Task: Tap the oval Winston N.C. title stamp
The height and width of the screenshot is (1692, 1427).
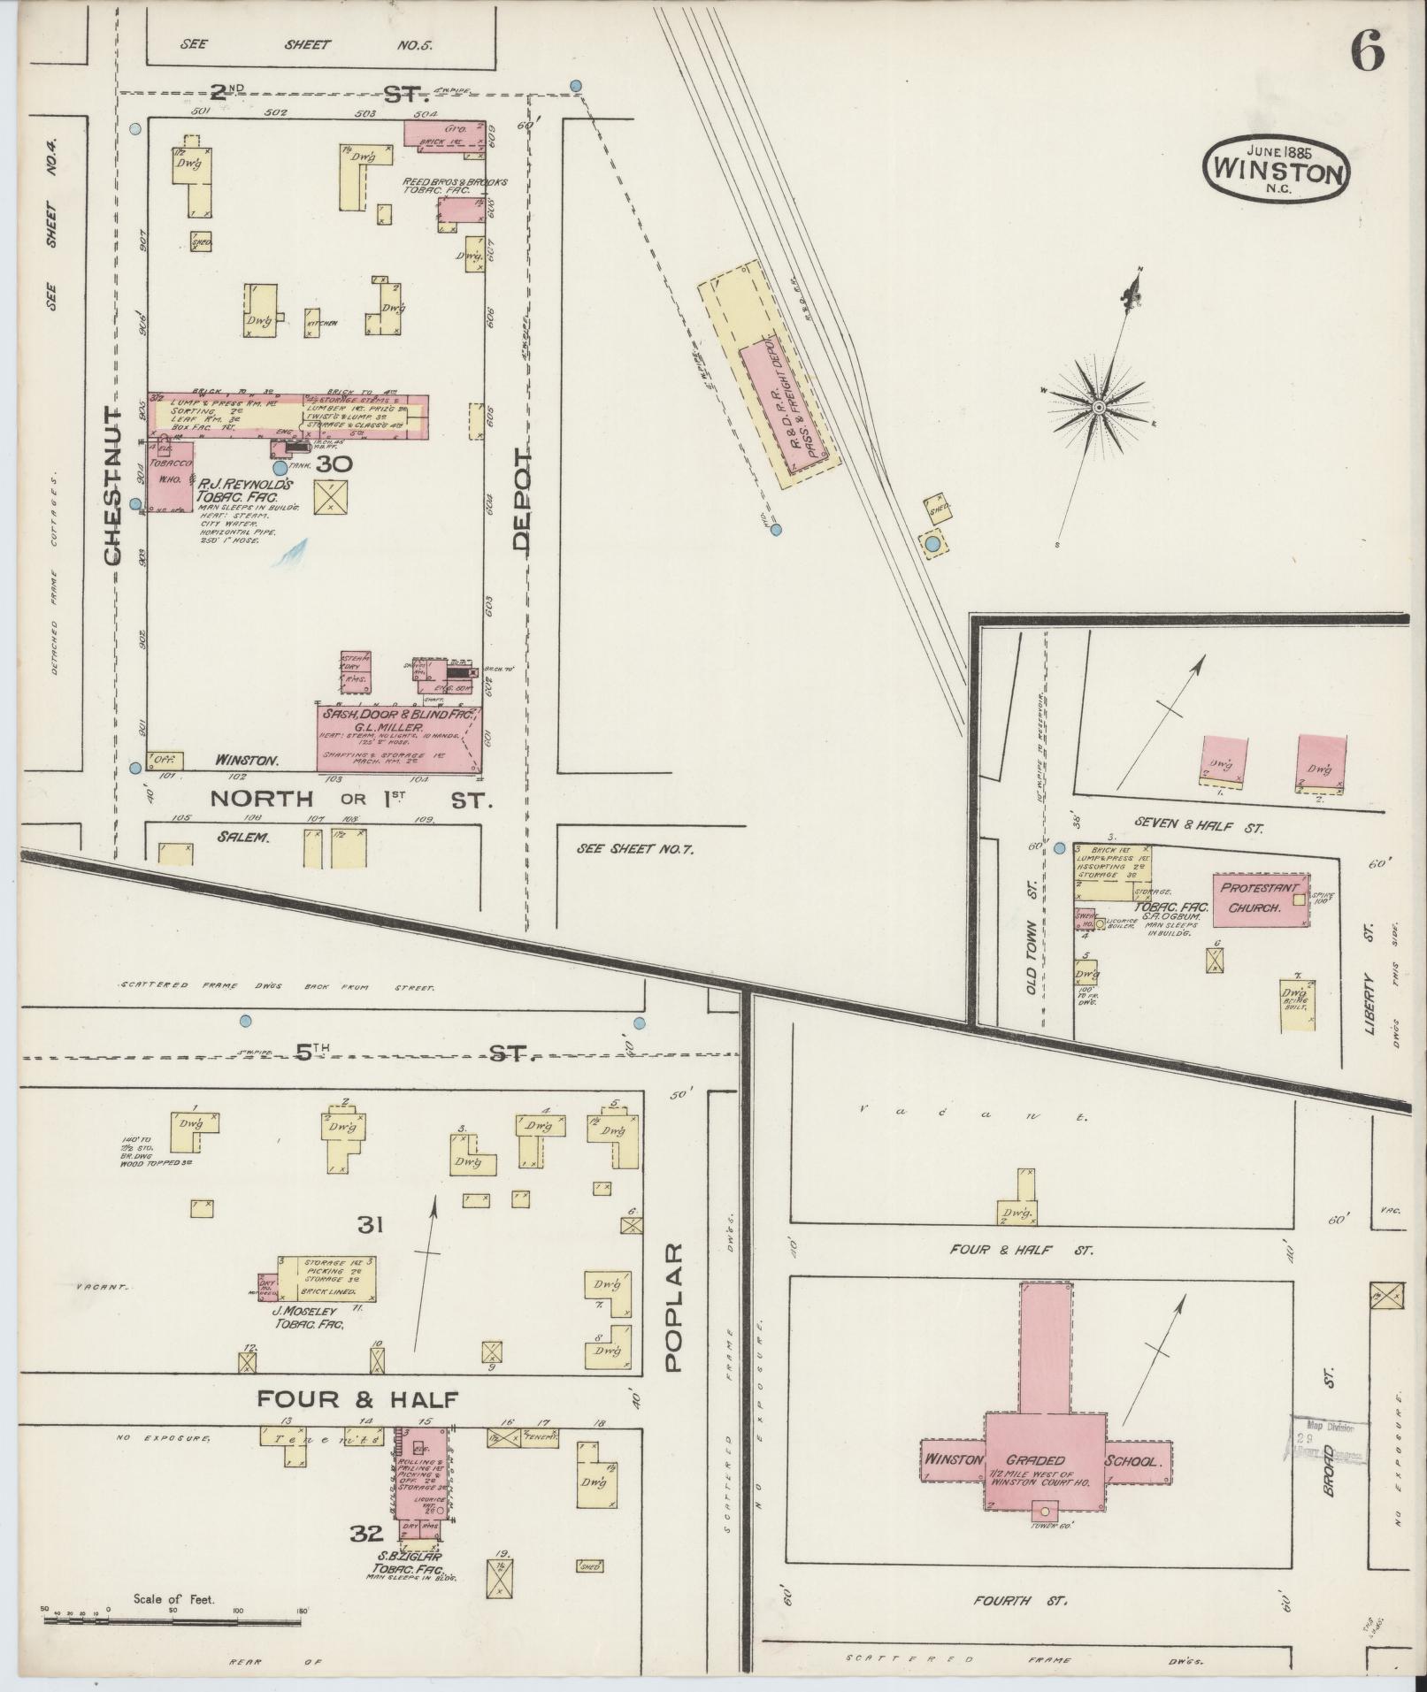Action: point(1275,168)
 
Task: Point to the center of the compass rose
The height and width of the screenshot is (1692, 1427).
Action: point(1098,407)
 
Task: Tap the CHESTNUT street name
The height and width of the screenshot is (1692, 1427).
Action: point(112,486)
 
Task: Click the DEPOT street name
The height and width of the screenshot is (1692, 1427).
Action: point(522,500)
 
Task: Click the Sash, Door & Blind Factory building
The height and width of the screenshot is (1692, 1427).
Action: point(399,738)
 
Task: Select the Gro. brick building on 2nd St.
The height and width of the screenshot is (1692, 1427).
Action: point(445,134)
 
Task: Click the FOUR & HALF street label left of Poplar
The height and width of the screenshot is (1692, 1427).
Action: point(358,1399)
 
